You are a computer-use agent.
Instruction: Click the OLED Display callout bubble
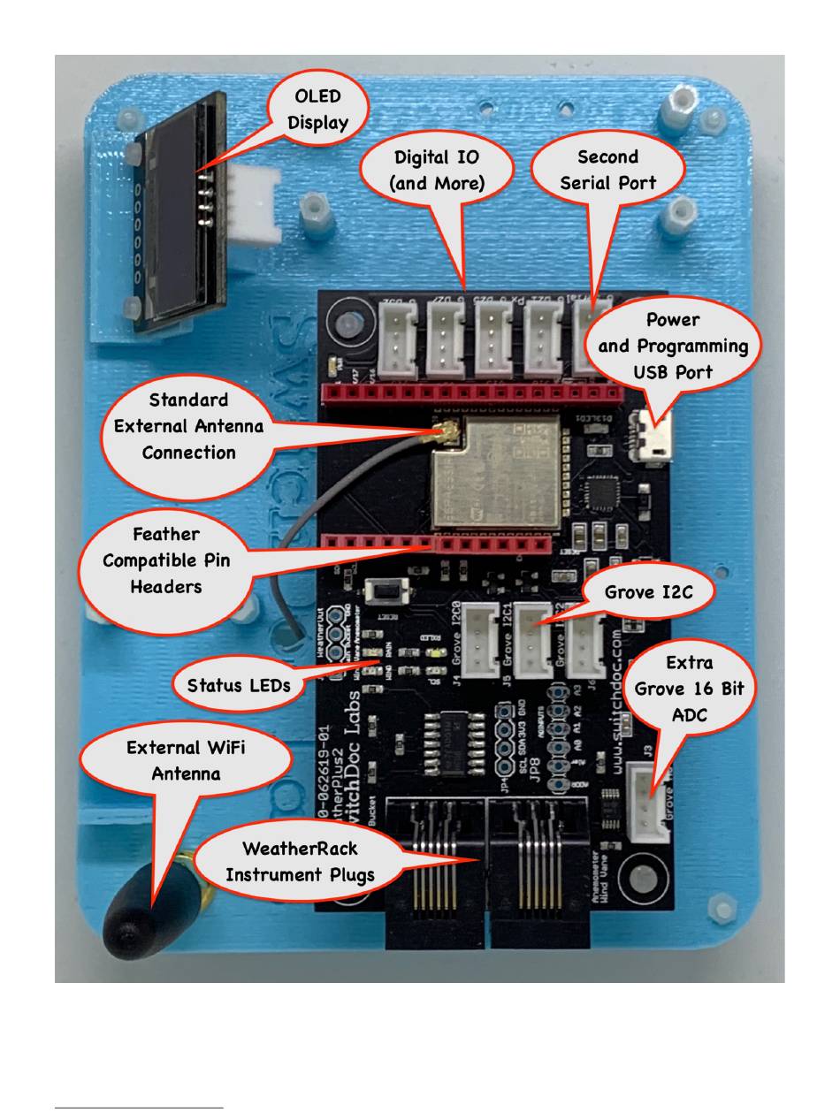[x=317, y=108]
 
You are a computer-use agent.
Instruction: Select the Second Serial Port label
[x=607, y=170]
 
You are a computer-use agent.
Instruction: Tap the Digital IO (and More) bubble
[x=437, y=170]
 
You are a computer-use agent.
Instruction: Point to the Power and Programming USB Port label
[x=673, y=345]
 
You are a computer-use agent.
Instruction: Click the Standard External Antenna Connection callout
[x=188, y=426]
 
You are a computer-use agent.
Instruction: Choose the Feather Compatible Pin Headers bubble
[x=166, y=560]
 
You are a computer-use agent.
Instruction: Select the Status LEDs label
[x=239, y=684]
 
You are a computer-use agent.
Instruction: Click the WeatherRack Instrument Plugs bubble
[x=300, y=861]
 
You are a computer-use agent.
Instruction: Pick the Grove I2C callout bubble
[x=648, y=592]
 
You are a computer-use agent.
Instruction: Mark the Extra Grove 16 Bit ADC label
[x=690, y=689]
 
